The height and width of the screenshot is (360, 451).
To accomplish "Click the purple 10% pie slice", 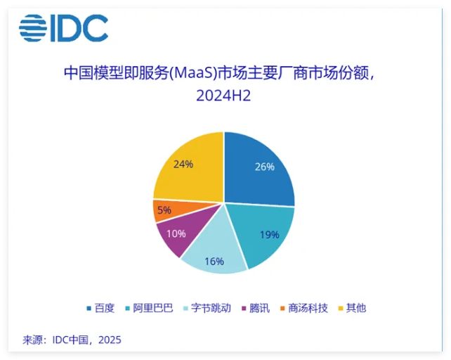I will click(x=176, y=234).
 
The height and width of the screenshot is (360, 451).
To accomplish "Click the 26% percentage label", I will click(x=264, y=167).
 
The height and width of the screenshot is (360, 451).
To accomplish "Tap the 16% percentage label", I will click(x=214, y=261).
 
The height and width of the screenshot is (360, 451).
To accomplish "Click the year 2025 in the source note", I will click(x=110, y=340).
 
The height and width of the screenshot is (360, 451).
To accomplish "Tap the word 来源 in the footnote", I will click(x=32, y=340).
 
